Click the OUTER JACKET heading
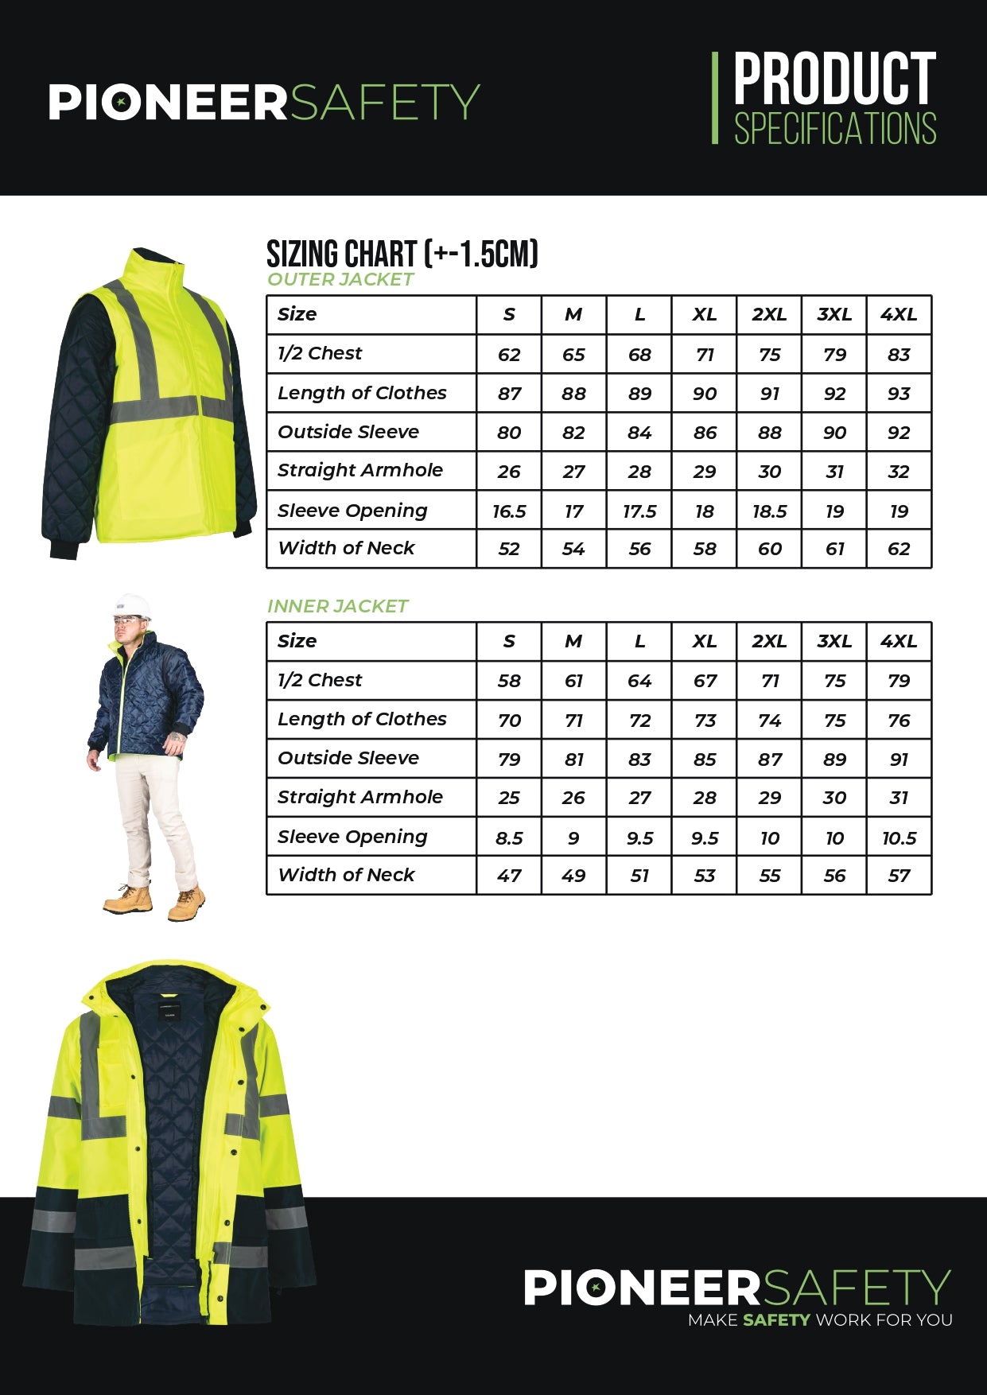pos(340,279)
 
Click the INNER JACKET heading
pos(337,606)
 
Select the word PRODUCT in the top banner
pos(834,79)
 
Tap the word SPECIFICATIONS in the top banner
pos(835,129)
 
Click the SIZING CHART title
pos(402,254)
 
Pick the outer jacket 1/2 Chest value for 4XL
pos(899,355)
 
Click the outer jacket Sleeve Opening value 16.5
pos(509,511)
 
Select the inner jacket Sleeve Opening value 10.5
pos(899,838)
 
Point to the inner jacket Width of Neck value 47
pos(509,876)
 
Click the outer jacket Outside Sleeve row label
pos(348,432)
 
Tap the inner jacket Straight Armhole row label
pos(360,797)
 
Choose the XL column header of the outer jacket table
pos(704,315)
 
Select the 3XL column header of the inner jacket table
pos(834,641)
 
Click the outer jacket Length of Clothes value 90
pos(704,394)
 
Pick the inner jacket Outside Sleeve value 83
pos(639,760)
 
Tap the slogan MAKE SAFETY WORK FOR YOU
pos(820,1320)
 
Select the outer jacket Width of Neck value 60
pos(769,549)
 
